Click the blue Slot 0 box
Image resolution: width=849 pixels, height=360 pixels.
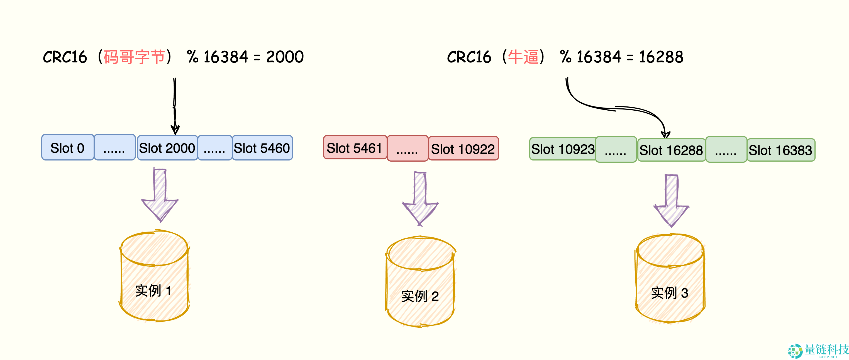tap(68, 148)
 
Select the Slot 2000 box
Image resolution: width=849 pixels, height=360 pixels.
tap(167, 148)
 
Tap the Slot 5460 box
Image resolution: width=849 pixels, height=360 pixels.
tap(262, 148)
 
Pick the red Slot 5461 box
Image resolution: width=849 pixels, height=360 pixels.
tap(355, 148)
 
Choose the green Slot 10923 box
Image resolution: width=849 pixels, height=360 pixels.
tap(563, 149)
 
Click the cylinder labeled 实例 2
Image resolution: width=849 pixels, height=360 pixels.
tap(420, 282)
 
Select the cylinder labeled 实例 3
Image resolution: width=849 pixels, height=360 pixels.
tap(670, 279)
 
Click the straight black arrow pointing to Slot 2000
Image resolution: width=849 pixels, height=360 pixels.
tap(175, 106)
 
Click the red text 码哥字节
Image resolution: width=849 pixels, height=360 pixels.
tap(134, 57)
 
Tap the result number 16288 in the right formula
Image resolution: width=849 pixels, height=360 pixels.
tap(661, 57)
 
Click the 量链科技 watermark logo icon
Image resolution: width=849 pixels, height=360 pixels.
tap(795, 351)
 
